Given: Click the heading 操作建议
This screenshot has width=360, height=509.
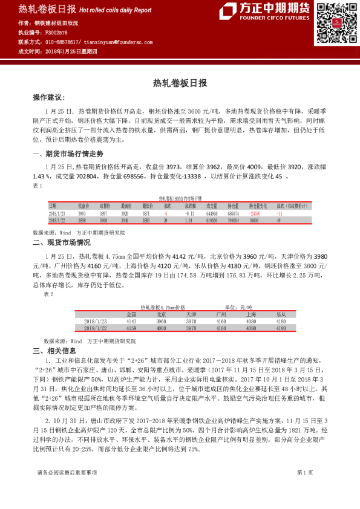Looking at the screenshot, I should point(48,97).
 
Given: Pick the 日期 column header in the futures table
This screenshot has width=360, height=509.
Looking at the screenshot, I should point(53,206).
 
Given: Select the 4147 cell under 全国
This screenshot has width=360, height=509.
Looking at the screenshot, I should point(132,322).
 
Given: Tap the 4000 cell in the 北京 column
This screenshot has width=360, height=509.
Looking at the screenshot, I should point(162,328).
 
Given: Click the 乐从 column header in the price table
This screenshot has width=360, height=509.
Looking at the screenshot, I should point(281,315).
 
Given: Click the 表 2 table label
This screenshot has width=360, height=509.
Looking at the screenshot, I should point(49,294).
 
